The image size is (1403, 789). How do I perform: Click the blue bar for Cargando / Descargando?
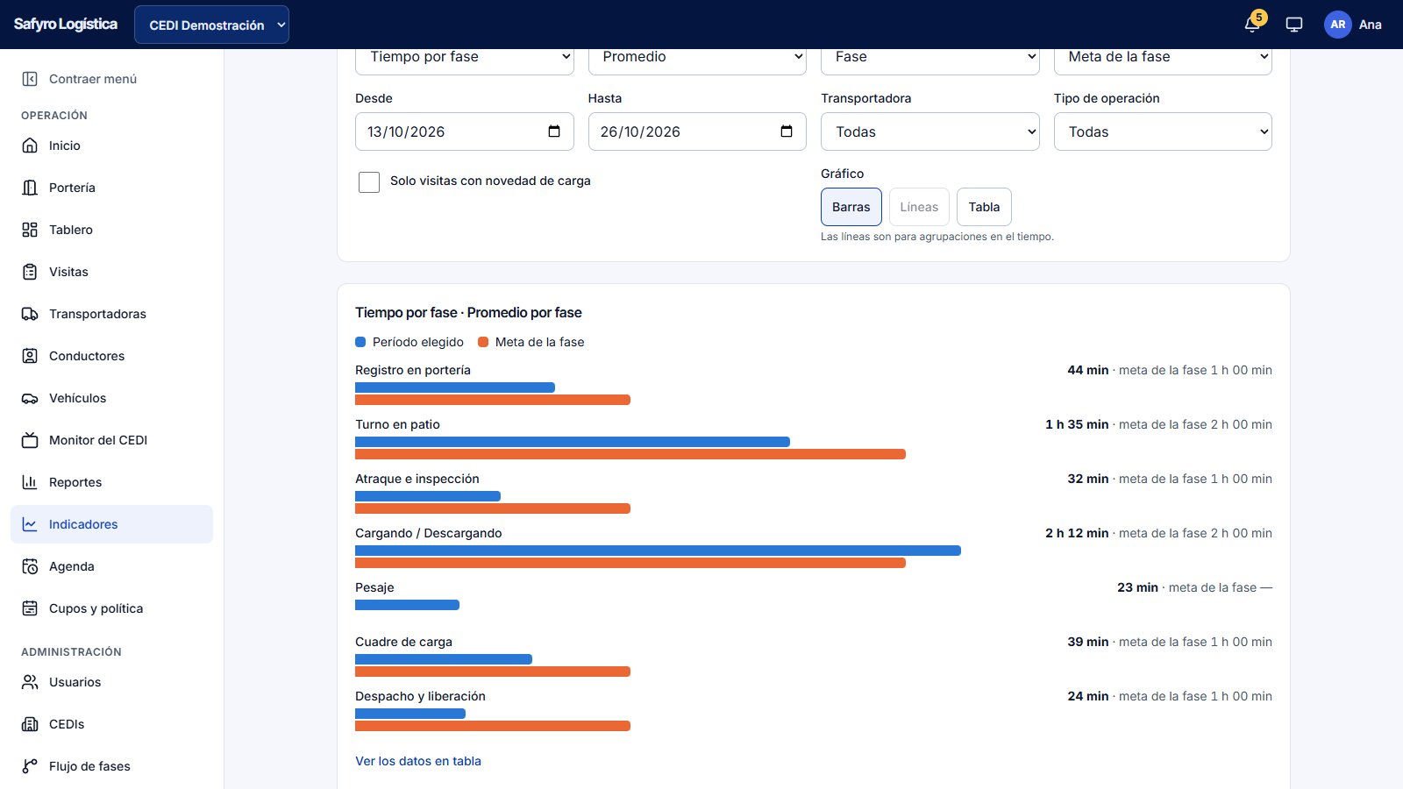pyautogui.click(x=658, y=551)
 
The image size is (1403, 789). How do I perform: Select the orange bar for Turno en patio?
pyautogui.click(x=630, y=454)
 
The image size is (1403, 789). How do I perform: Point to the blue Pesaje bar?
pyautogui.click(x=407, y=605)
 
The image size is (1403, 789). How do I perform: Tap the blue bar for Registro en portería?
pyautogui.click(x=455, y=387)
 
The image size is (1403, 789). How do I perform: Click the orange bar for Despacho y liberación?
pyautogui.click(x=492, y=726)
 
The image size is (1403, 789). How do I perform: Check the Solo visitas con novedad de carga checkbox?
pyautogui.click(x=369, y=181)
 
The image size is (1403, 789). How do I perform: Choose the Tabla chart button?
pyautogui.click(x=983, y=207)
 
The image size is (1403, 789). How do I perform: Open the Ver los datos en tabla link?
pyautogui.click(x=417, y=761)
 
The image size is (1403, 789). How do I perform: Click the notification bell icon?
pyautogui.click(x=1251, y=25)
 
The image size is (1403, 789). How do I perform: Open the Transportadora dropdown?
pyautogui.click(x=929, y=131)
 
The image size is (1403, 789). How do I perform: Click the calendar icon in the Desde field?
pyautogui.click(x=553, y=131)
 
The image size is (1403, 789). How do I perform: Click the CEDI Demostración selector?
pyautogui.click(x=211, y=25)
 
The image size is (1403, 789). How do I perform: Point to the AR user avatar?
pyautogui.click(x=1337, y=25)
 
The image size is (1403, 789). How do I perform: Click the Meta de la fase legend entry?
pyautogui.click(x=531, y=342)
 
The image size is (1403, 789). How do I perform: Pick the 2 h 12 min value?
pyautogui.click(x=1077, y=533)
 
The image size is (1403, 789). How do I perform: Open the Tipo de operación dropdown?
pyautogui.click(x=1163, y=131)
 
